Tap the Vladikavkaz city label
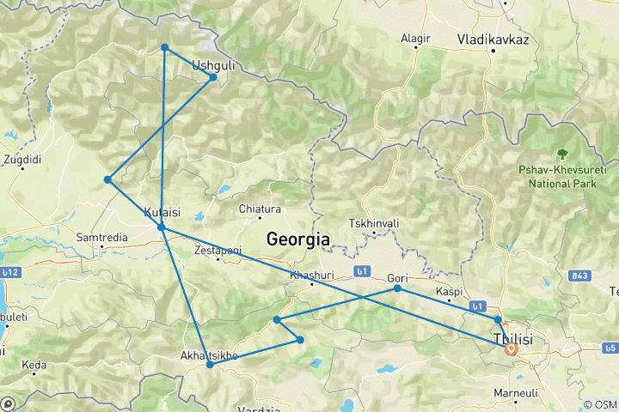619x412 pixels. pyautogui.click(x=493, y=39)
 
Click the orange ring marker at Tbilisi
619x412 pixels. pyautogui.click(x=511, y=348)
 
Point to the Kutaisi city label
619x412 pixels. pyautogui.click(x=162, y=211)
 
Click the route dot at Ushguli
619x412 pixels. pyautogui.click(x=213, y=77)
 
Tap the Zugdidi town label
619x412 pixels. pyautogui.click(x=21, y=159)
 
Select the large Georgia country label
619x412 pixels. pyautogui.click(x=298, y=239)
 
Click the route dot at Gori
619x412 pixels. pyautogui.click(x=397, y=288)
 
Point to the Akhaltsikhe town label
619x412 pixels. pyautogui.click(x=209, y=354)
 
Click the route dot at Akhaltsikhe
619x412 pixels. pyautogui.click(x=210, y=365)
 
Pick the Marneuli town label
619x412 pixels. pyautogui.click(x=515, y=392)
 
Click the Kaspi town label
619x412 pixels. pyautogui.click(x=450, y=292)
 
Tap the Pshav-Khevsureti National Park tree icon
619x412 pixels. pyautogui.click(x=562, y=154)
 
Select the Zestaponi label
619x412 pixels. pyautogui.click(x=218, y=250)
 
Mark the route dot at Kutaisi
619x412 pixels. pyautogui.click(x=162, y=227)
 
